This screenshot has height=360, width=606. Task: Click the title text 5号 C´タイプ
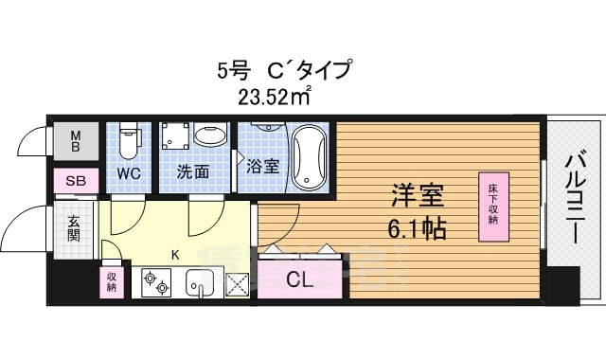tap(284, 70)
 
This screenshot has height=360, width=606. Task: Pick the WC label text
tap(129, 173)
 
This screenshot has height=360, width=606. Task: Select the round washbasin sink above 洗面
tap(207, 137)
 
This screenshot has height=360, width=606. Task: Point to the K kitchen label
tap(174, 253)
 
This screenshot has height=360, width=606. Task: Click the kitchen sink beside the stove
tap(200, 281)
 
